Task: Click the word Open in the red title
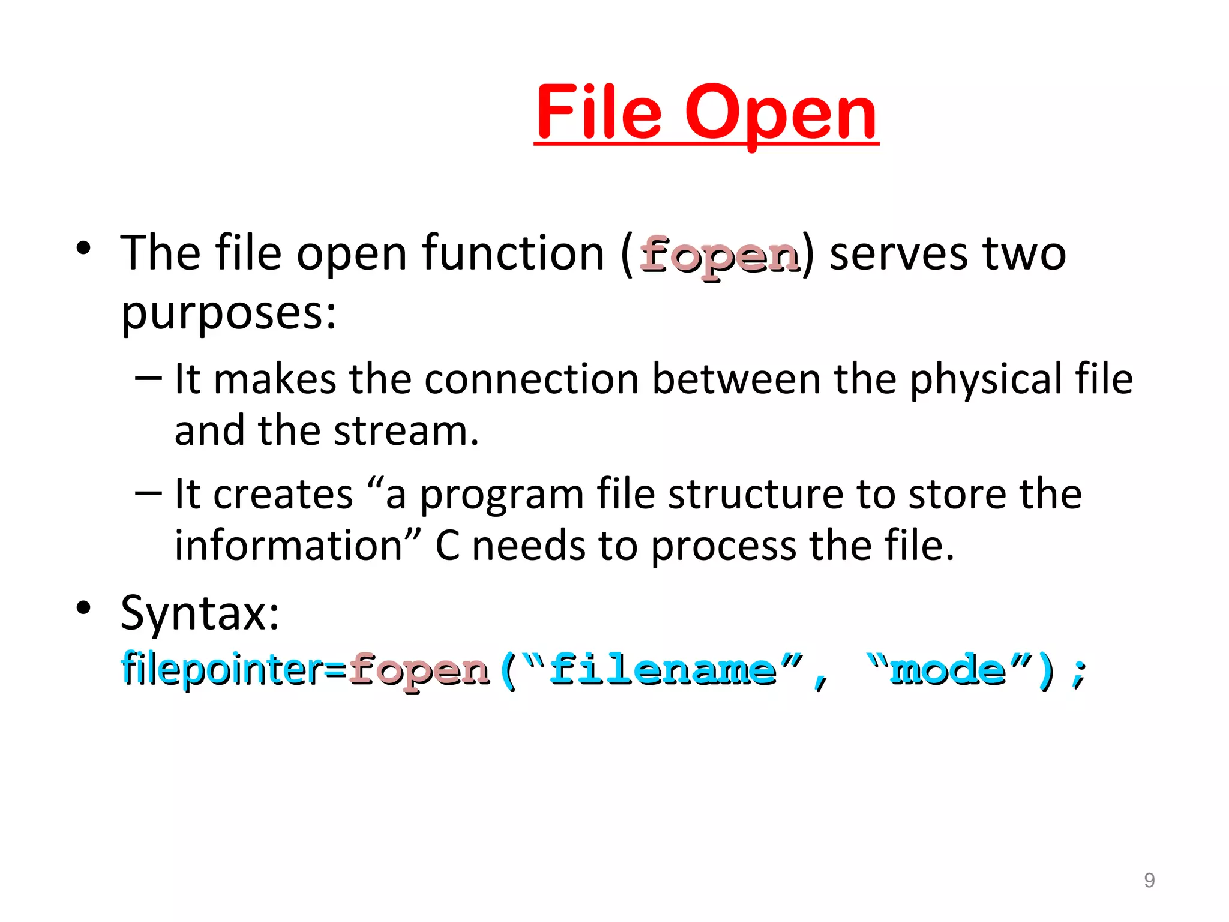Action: (781, 114)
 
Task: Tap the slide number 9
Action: (1149, 880)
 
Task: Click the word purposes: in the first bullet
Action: (229, 314)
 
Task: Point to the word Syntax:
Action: (200, 613)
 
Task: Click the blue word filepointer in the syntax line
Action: (222, 669)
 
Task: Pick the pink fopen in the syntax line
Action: (419, 671)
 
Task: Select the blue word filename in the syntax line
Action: (663, 670)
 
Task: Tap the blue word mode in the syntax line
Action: (948, 670)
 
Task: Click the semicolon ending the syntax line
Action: (1079, 672)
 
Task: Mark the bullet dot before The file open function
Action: (83, 247)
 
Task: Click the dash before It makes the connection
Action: (148, 378)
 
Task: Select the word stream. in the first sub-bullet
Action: (406, 431)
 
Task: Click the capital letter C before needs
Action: (447, 546)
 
